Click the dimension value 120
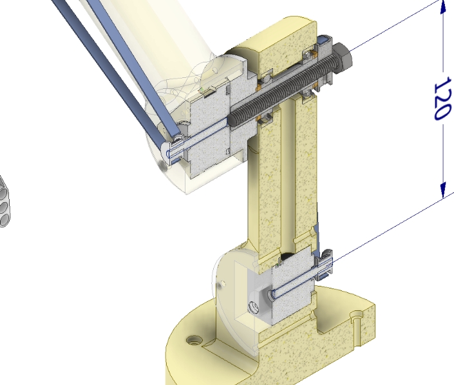point(442,99)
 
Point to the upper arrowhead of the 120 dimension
point(443,7)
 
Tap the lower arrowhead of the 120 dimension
point(443,191)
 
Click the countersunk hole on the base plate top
point(194,341)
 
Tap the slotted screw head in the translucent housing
point(255,308)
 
